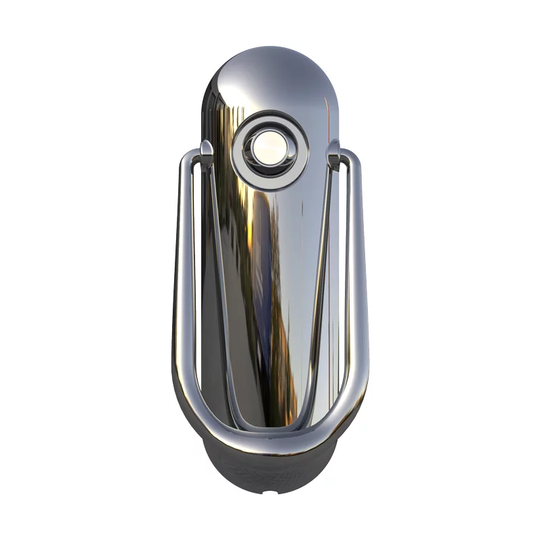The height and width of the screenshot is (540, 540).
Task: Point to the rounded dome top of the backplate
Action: pos(270,64)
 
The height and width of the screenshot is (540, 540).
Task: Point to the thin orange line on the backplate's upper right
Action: pos(328,108)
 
